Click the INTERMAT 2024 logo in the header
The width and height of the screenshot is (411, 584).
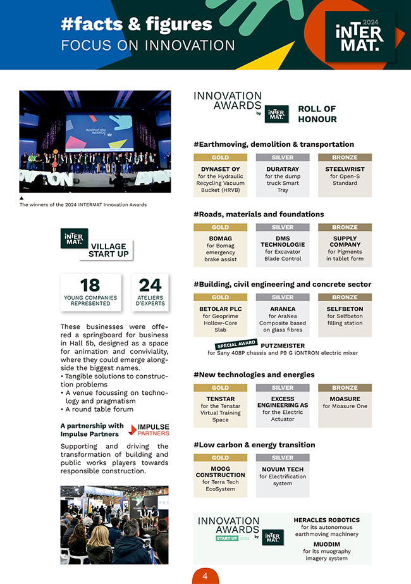tap(358, 38)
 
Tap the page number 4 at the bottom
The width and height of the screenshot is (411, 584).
tap(205, 575)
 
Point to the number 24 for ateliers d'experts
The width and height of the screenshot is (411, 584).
tap(150, 285)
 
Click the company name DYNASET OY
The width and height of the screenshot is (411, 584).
tap(220, 169)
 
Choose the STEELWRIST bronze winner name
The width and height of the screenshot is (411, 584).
tap(345, 169)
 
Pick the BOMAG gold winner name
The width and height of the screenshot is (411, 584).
tap(220, 239)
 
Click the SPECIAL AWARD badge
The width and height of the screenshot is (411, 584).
tap(236, 345)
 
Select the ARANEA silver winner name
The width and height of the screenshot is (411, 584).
tap(283, 309)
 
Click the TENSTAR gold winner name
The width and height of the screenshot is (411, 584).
tap(220, 399)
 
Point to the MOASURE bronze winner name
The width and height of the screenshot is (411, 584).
tap(345, 399)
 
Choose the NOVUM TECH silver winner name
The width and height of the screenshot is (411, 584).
tap(283, 469)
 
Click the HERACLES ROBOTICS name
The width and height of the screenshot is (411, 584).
tap(326, 520)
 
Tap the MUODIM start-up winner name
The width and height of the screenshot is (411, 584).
tap(326, 543)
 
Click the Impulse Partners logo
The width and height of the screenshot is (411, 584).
tap(149, 430)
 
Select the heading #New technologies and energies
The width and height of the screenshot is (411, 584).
tap(254, 375)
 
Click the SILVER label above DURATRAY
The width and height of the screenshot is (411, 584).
tap(283, 158)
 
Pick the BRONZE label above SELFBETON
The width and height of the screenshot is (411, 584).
tap(345, 297)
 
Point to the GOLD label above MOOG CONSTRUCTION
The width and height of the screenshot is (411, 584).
tap(220, 457)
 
